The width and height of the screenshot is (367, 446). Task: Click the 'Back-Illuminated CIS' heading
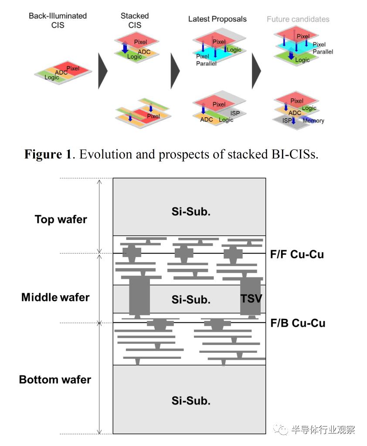click(x=58, y=20)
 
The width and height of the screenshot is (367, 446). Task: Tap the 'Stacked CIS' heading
click(x=135, y=20)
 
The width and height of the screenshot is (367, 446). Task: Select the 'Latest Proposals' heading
click(x=217, y=19)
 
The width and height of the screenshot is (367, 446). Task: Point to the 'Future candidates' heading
click(x=298, y=19)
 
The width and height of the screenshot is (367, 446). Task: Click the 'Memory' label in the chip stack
click(x=313, y=121)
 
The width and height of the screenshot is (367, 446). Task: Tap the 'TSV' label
click(x=251, y=299)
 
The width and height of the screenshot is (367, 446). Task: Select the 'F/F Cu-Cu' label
click(x=297, y=254)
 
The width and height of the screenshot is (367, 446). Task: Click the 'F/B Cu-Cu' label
click(x=298, y=323)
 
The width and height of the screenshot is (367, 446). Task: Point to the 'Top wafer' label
click(x=61, y=220)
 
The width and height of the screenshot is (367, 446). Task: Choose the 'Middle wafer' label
click(x=55, y=297)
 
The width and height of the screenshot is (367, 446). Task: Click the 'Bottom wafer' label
click(x=55, y=379)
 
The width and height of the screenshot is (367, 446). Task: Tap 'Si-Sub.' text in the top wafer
click(x=191, y=212)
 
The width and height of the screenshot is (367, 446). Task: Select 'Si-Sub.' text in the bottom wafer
click(x=191, y=401)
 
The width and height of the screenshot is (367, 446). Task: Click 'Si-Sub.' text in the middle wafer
click(x=191, y=300)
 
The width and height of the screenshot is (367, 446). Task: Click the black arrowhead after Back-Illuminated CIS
click(x=102, y=71)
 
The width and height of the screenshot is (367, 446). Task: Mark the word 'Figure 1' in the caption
click(x=48, y=155)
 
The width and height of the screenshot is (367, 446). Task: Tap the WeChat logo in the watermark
click(x=280, y=429)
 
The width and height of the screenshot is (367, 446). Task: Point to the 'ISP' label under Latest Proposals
click(x=235, y=113)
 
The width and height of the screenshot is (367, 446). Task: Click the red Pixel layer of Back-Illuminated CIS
click(x=72, y=68)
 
